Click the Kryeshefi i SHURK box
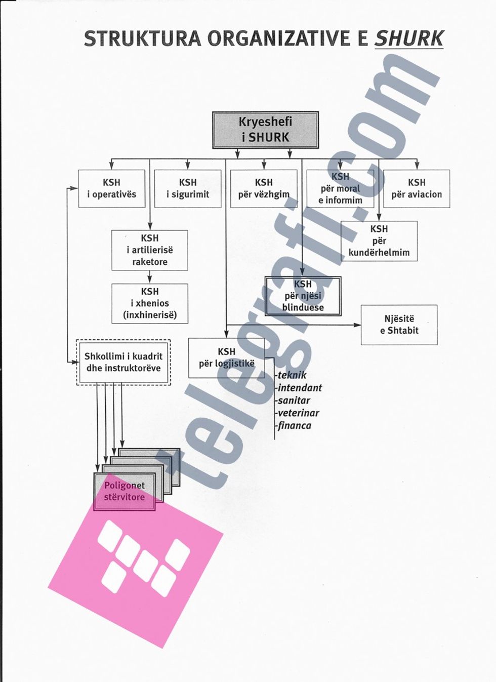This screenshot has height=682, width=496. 265,130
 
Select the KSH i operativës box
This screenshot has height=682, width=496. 112,188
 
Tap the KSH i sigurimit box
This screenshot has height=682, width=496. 188,188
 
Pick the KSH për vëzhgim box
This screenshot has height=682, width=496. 264,188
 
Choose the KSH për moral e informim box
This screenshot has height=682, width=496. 340,188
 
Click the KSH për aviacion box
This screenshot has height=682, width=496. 417,188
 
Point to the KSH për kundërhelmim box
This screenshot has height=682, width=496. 379,240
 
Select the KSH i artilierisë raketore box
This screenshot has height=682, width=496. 150,250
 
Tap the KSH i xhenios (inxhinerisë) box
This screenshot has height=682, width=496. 150,303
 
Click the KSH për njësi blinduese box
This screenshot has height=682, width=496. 303,296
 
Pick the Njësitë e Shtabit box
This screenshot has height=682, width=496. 399,325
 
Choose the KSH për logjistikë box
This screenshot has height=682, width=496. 226,358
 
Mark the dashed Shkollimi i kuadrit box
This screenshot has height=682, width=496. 123,362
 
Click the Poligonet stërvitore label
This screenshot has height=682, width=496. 125,491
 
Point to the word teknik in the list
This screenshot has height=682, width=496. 292,376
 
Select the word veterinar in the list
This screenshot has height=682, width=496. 298,413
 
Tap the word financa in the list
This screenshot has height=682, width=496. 294,426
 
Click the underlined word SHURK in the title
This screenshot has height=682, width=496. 408,38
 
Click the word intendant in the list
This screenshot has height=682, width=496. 300,388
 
